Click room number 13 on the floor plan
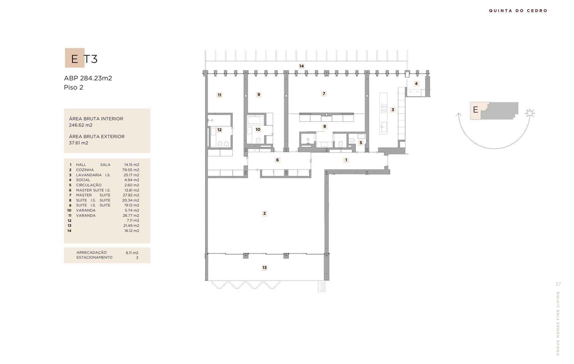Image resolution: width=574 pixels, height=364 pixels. [264, 268]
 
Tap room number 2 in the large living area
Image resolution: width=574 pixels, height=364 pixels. [264, 213]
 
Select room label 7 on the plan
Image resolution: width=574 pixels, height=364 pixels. [324, 94]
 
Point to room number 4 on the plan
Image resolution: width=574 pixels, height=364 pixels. [416, 84]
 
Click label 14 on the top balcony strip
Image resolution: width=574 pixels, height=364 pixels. [301, 66]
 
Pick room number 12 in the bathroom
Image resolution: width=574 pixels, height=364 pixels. [219, 130]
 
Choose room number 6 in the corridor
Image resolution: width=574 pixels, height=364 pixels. [277, 160]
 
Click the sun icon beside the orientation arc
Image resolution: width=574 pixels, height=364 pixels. [530, 113]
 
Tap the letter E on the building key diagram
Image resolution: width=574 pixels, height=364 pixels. [476, 110]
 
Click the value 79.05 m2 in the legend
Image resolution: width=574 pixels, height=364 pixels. [131, 170]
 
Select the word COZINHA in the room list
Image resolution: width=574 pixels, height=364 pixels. [85, 170]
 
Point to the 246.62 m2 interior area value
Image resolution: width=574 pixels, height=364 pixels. [81, 125]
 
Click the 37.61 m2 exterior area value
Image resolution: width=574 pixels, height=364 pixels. [78, 143]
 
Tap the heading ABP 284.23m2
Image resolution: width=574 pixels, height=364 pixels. [88, 78]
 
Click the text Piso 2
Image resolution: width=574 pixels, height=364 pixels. [73, 87]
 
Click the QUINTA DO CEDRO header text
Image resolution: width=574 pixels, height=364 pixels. [518, 11]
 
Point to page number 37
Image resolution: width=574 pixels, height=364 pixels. [558, 284]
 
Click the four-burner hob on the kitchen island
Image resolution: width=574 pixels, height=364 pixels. [384, 108]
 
